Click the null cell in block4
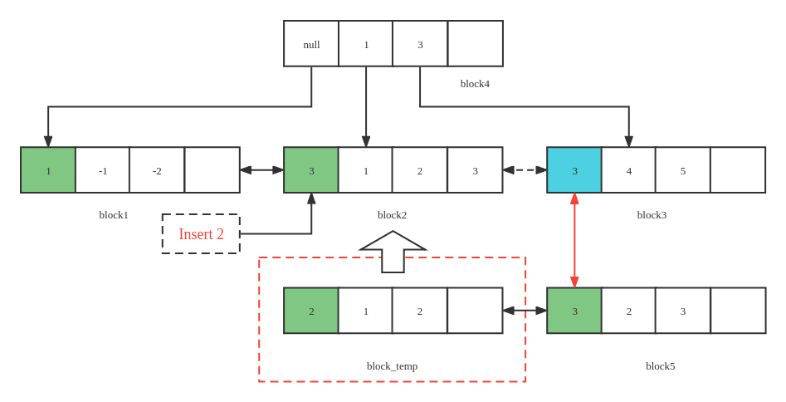click(x=311, y=44)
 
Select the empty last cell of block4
click(x=475, y=44)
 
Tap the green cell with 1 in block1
click(x=48, y=170)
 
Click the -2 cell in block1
click(x=157, y=170)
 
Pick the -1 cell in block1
click(x=103, y=170)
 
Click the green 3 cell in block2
click(x=311, y=170)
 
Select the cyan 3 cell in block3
click(x=574, y=170)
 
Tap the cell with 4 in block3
click(x=628, y=170)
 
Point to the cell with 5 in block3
click(x=682, y=170)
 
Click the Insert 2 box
click(x=201, y=234)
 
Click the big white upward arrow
click(x=393, y=251)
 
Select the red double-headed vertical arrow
click(x=574, y=240)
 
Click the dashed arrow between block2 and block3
click(x=525, y=170)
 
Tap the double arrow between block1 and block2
click(x=261, y=170)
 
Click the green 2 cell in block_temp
click(x=311, y=311)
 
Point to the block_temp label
click(x=392, y=366)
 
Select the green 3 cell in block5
click(x=574, y=311)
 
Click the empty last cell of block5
click(x=738, y=311)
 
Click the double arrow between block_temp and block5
click(x=525, y=311)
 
